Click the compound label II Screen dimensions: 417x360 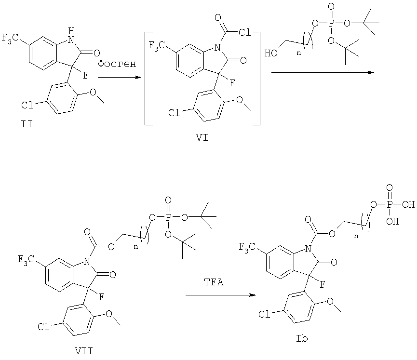(27, 124)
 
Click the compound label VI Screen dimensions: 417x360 (202, 138)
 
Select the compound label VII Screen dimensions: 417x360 (83, 351)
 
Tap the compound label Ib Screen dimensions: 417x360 (302, 338)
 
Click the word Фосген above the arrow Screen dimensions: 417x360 (117, 64)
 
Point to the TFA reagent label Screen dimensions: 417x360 (214, 282)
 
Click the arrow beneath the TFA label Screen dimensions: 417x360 (221, 295)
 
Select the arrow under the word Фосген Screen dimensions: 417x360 (119, 78)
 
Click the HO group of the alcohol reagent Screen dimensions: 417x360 (271, 53)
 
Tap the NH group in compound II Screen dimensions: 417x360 (70, 37)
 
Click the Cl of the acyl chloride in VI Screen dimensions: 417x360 (244, 32)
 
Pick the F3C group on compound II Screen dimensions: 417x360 (10, 38)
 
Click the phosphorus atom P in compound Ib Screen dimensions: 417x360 (390, 204)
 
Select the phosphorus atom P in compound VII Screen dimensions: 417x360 (168, 217)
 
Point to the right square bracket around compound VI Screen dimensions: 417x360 (257, 78)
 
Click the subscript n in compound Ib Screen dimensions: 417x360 (356, 236)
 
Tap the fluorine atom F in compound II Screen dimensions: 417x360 (85, 76)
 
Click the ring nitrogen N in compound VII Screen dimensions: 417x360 (87, 262)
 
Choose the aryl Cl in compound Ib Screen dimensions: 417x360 (264, 315)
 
